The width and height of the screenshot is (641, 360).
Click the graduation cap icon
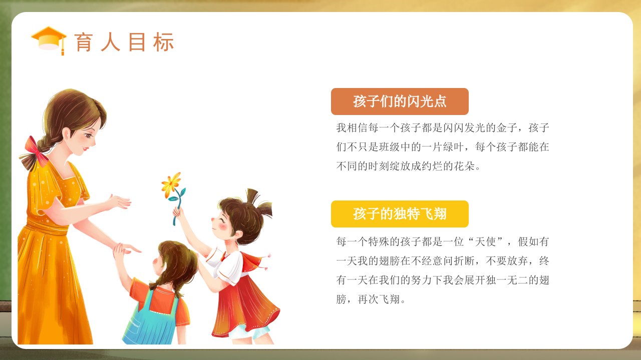coord(49,40)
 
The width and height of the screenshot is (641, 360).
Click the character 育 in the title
coord(84,42)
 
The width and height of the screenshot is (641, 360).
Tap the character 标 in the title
coord(163,42)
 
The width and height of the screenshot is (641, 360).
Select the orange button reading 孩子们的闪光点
coord(400,101)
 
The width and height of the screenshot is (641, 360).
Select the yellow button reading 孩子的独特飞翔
coord(400,214)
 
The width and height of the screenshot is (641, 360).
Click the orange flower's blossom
coord(171,184)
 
